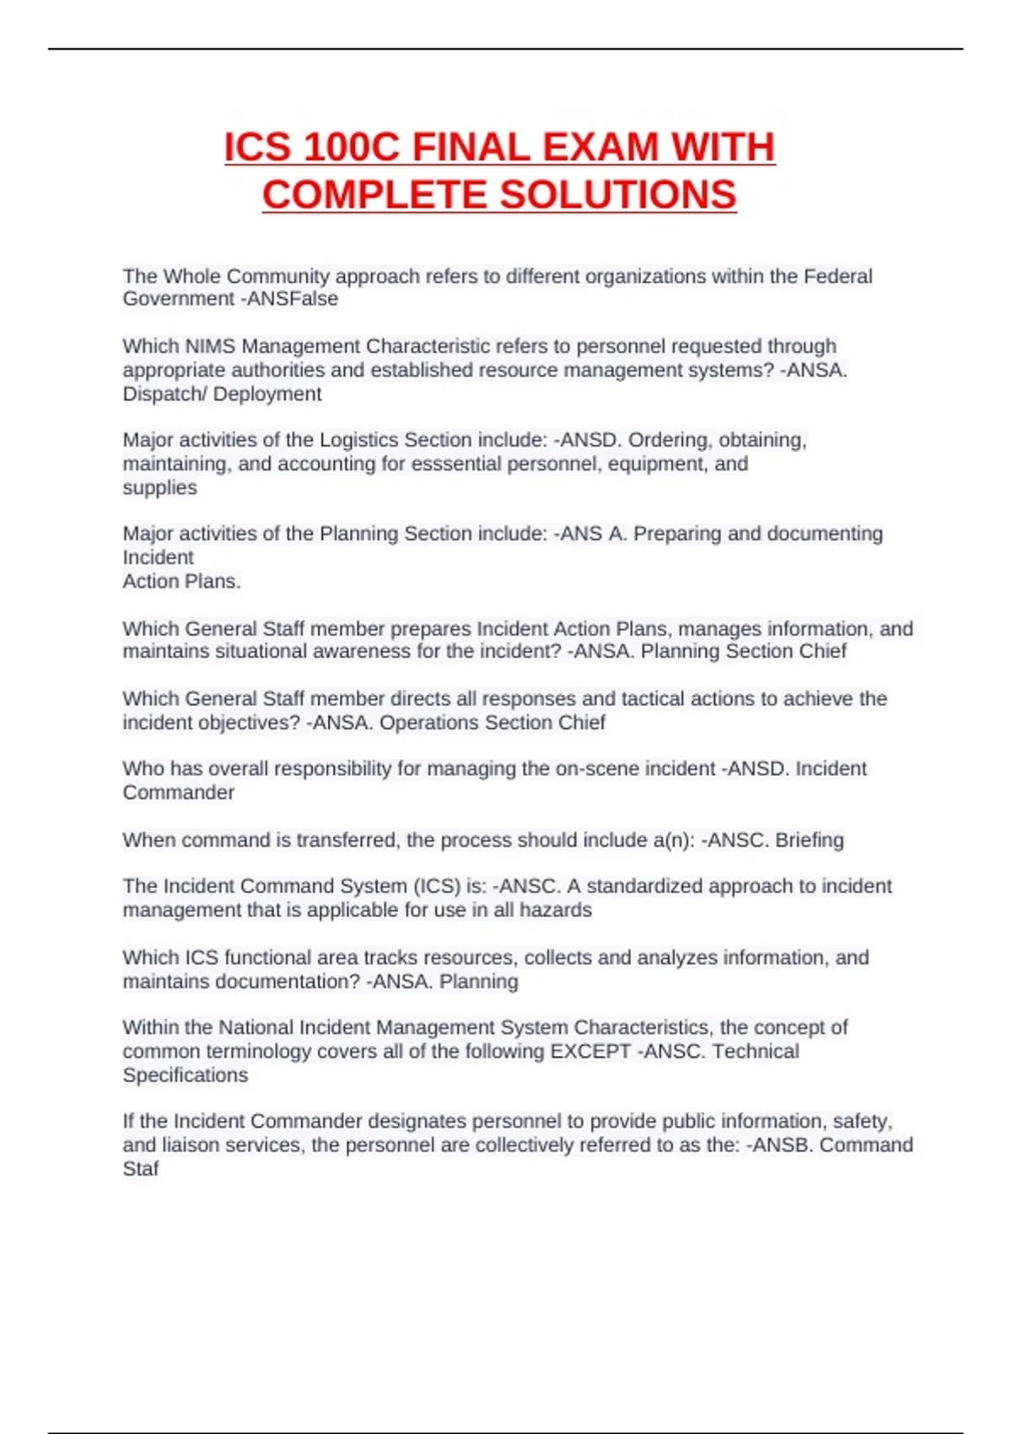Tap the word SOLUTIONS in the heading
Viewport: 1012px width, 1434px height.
click(x=618, y=195)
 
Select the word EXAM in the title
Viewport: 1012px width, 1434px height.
click(x=600, y=148)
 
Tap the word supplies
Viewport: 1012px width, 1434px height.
click(x=159, y=488)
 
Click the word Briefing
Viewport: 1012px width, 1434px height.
click(x=809, y=840)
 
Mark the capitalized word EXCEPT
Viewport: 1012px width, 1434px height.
click(x=590, y=1051)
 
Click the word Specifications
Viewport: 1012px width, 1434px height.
click(x=186, y=1075)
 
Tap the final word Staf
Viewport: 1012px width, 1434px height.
click(x=141, y=1168)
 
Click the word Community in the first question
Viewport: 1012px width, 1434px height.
click(x=278, y=276)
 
